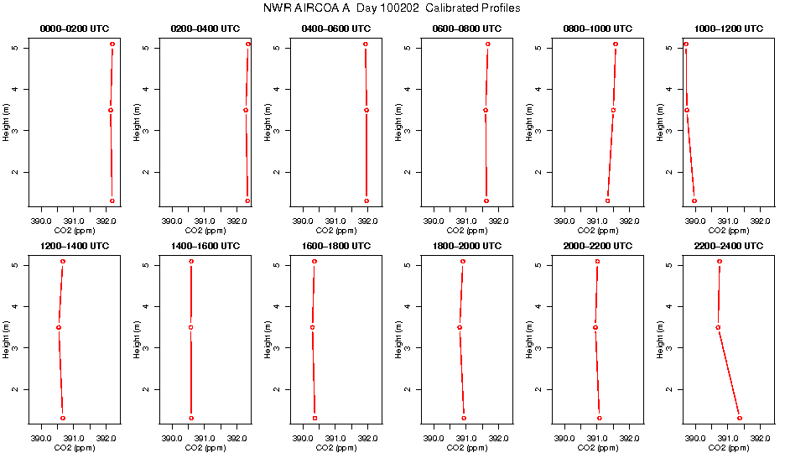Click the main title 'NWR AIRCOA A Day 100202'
point(392,8)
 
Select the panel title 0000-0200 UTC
point(75,29)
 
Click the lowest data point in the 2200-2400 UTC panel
point(739,418)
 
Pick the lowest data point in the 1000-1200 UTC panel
point(694,201)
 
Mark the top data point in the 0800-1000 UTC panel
point(616,44)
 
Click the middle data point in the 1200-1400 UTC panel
point(59,327)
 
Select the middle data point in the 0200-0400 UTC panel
point(246,110)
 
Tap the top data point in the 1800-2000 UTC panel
point(463,262)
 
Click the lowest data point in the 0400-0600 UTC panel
point(367,201)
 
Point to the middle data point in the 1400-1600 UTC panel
point(191,327)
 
